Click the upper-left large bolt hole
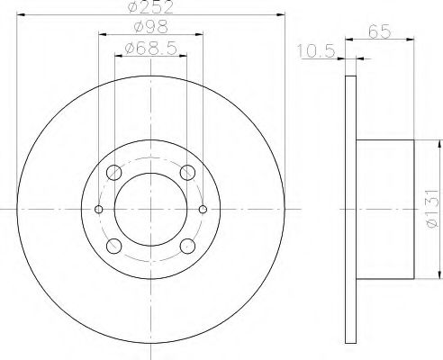[x=114, y=173]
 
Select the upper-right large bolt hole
[x=188, y=173]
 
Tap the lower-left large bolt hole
[x=114, y=246]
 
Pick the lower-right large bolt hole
[x=188, y=246]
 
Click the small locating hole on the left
[x=99, y=210]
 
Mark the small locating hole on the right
[x=203, y=210]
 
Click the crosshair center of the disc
[x=151, y=210]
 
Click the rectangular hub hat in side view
[x=385, y=210]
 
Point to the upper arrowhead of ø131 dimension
[x=439, y=144]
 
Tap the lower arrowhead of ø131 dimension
[x=439, y=274]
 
